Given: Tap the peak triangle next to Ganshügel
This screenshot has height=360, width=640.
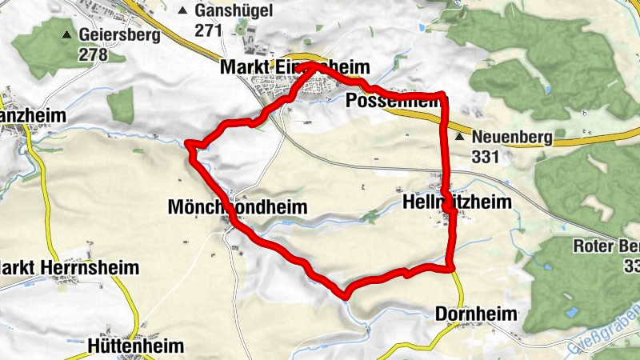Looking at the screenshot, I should coord(183,11).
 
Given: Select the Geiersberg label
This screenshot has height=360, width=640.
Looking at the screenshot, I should coord(119,35).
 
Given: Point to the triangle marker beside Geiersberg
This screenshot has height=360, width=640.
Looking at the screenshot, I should coord(67,35).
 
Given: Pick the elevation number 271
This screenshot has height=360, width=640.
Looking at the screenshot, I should coord(208,30).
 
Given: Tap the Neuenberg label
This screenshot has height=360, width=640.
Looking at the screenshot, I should coord(512,138).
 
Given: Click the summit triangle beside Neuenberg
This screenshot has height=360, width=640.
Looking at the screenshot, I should coord(460,138).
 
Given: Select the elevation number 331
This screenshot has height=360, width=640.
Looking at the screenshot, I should coord(486,157).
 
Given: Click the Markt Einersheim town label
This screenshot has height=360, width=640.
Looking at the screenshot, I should coord(294,70).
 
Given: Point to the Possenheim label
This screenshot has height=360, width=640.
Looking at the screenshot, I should coord(394,101).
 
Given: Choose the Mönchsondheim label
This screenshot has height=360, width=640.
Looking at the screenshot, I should coord(238,207).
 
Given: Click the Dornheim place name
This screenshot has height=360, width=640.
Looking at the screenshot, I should coord(477,314).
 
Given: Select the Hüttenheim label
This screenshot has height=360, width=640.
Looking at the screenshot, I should coord(134,346).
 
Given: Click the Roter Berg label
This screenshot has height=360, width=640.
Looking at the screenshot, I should coord(608,246).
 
